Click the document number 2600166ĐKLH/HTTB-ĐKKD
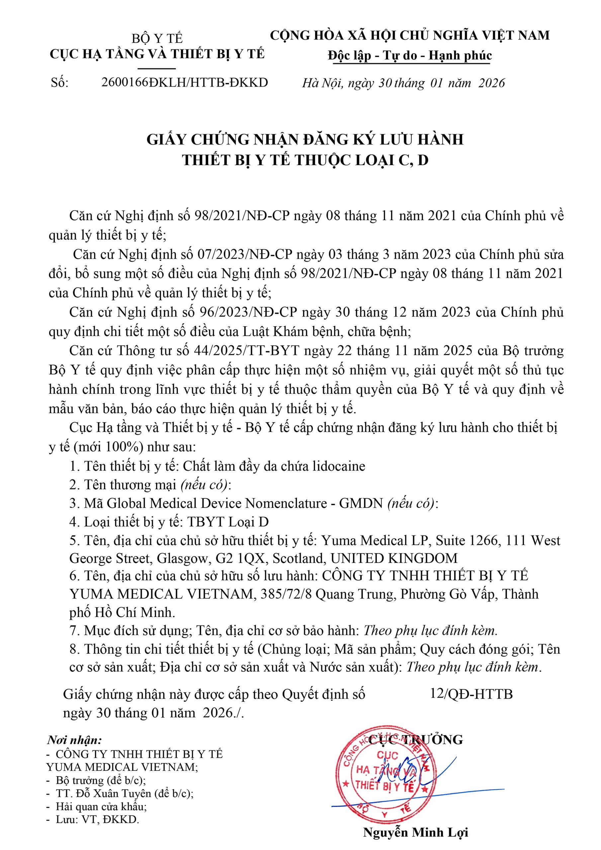point(184,82)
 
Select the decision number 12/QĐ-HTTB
point(472,694)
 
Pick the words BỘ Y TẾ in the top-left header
point(157,39)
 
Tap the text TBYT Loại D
point(228,522)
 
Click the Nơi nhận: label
point(74,740)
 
